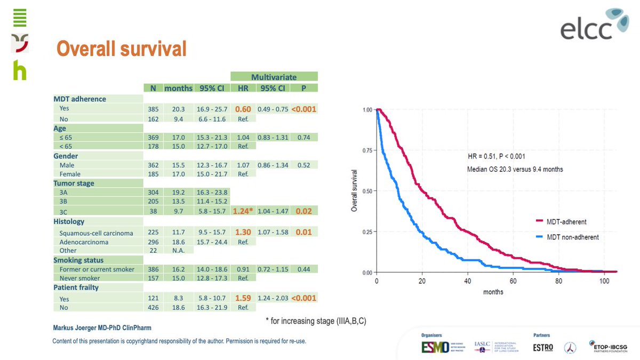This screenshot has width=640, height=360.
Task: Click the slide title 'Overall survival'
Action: [x=122, y=49]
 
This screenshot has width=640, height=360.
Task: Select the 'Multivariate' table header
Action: [x=274, y=77]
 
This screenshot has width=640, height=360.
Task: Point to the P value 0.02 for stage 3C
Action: [x=304, y=211]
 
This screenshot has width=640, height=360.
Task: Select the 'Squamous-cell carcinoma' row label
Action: [x=97, y=233]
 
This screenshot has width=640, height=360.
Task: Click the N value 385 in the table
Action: [x=153, y=109]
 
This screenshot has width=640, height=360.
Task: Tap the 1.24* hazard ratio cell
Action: [x=243, y=211]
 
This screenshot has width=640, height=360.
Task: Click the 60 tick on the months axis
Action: [x=513, y=282]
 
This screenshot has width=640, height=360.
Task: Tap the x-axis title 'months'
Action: [x=493, y=292]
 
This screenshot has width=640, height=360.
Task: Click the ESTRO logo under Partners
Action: [x=543, y=347]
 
